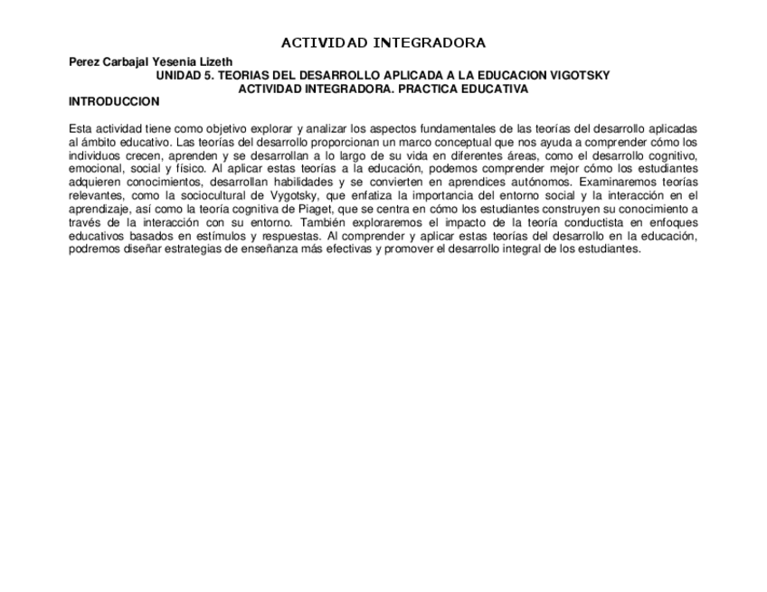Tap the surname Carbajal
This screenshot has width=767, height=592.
(x=127, y=61)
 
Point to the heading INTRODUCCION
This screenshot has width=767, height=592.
(x=114, y=101)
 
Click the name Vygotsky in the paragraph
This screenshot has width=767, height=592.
(x=336, y=195)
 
